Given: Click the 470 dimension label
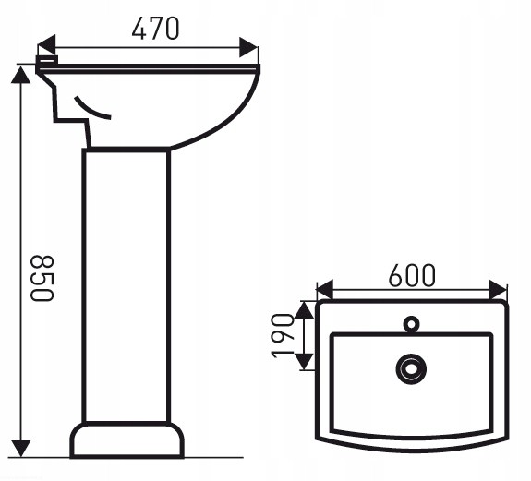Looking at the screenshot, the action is point(155,28).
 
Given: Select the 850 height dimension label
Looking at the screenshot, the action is point(42,278).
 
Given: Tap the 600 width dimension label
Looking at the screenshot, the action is point(412,275).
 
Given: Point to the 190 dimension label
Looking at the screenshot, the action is point(283,336).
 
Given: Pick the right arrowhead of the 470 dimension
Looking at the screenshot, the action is point(248,47).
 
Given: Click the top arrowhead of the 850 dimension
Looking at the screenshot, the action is point(21,75).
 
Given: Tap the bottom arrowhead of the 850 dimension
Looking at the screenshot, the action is point(21,449).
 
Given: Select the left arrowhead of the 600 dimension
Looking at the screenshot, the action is point(324,290).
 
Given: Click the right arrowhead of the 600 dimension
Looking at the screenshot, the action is point(498,290).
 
